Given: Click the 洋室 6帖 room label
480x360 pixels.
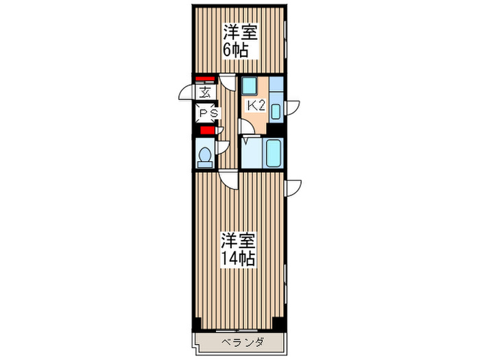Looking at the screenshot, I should (239, 40).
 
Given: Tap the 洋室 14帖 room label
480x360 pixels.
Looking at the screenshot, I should (238, 250).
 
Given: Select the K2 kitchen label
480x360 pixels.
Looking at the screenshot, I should (256, 106).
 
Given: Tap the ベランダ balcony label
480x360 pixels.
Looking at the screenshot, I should (239, 341).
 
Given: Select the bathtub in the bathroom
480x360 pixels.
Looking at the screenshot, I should (273, 153).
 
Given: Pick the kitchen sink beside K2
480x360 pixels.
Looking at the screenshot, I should (276, 111).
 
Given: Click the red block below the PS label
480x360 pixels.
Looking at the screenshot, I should (206, 130).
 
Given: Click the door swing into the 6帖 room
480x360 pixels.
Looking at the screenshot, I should (228, 81).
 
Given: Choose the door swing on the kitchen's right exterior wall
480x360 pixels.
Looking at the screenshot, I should (293, 107).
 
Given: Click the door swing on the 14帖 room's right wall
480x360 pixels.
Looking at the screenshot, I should (293, 186).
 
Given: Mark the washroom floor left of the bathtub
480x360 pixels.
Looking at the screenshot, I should (251, 154).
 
